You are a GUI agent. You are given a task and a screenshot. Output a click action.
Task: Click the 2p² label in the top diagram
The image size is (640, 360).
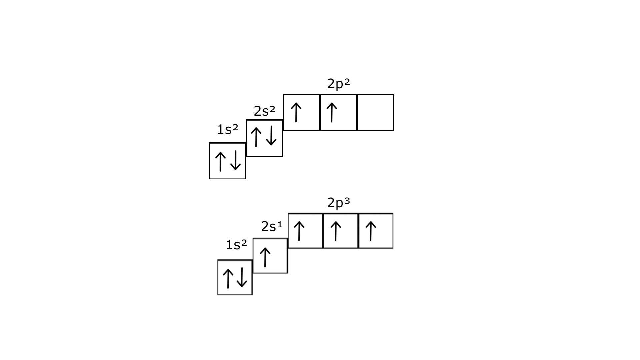338,84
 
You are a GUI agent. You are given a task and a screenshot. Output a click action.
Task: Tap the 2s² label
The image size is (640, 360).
265,111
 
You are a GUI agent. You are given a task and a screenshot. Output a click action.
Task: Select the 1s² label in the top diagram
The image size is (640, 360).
228,130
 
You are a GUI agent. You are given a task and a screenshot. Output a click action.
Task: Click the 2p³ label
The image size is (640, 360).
338,203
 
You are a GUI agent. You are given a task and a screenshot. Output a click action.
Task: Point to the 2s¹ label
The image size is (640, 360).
272,227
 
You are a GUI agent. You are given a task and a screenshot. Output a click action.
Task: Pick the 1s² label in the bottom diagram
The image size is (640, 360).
236,245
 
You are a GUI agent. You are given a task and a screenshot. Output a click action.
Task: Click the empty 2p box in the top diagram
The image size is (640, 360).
375,112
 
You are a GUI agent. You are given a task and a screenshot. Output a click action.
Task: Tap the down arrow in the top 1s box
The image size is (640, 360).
236,161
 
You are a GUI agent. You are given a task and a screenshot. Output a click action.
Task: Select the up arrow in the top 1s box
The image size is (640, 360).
220,161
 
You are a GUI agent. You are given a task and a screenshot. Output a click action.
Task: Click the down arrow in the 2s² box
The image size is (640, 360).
272,136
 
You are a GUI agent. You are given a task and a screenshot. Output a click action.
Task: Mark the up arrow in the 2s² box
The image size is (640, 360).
256,137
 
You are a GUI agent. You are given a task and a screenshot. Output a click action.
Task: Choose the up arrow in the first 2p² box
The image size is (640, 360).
296,112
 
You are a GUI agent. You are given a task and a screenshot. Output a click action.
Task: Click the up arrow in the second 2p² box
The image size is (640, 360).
332,112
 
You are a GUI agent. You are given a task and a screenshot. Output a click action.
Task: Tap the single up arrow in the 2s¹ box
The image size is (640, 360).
265,257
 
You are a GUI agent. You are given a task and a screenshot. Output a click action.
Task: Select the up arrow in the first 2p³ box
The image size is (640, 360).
299,231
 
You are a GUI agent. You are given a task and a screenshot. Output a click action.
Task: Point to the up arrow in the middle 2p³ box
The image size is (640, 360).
336,231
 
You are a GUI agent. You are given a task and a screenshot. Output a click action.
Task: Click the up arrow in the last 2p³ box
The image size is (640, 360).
371,231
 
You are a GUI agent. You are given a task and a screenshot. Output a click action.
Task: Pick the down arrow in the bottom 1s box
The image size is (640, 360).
242,278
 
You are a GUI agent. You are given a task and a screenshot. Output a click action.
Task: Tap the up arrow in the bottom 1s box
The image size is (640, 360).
228,279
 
